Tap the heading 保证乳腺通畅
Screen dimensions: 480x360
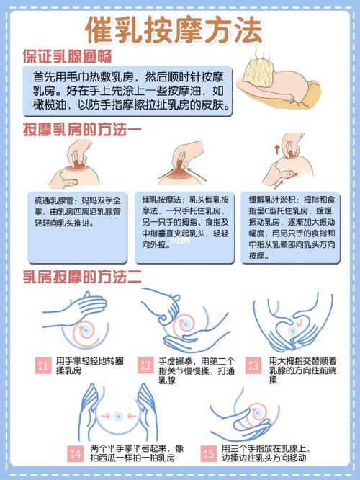[x=76, y=56]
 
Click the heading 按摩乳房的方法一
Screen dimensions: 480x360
[x=81, y=130]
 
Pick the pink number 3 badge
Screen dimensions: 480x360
[x=254, y=365]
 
